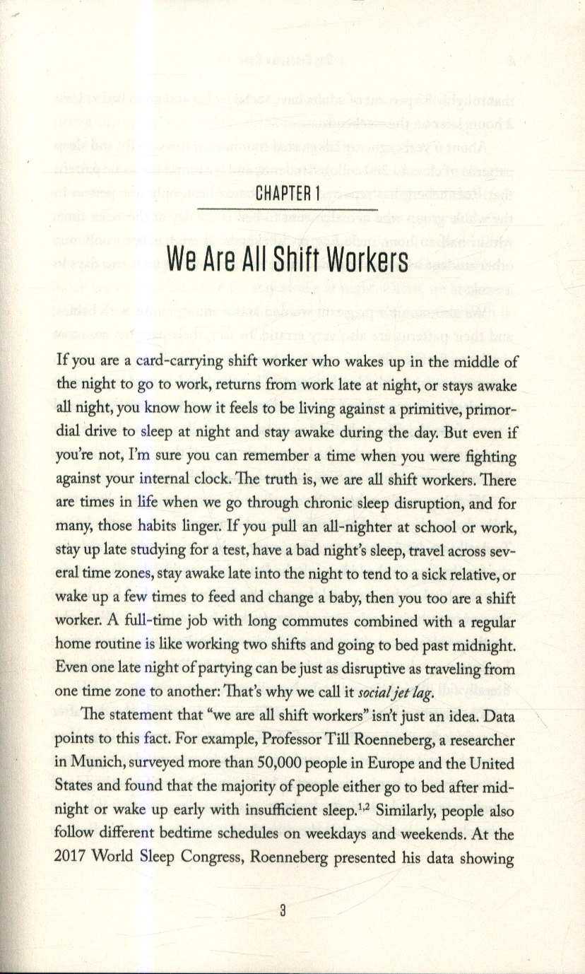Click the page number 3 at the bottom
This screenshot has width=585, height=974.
pyautogui.click(x=283, y=911)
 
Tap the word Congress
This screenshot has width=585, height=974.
pyautogui.click(x=232, y=858)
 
